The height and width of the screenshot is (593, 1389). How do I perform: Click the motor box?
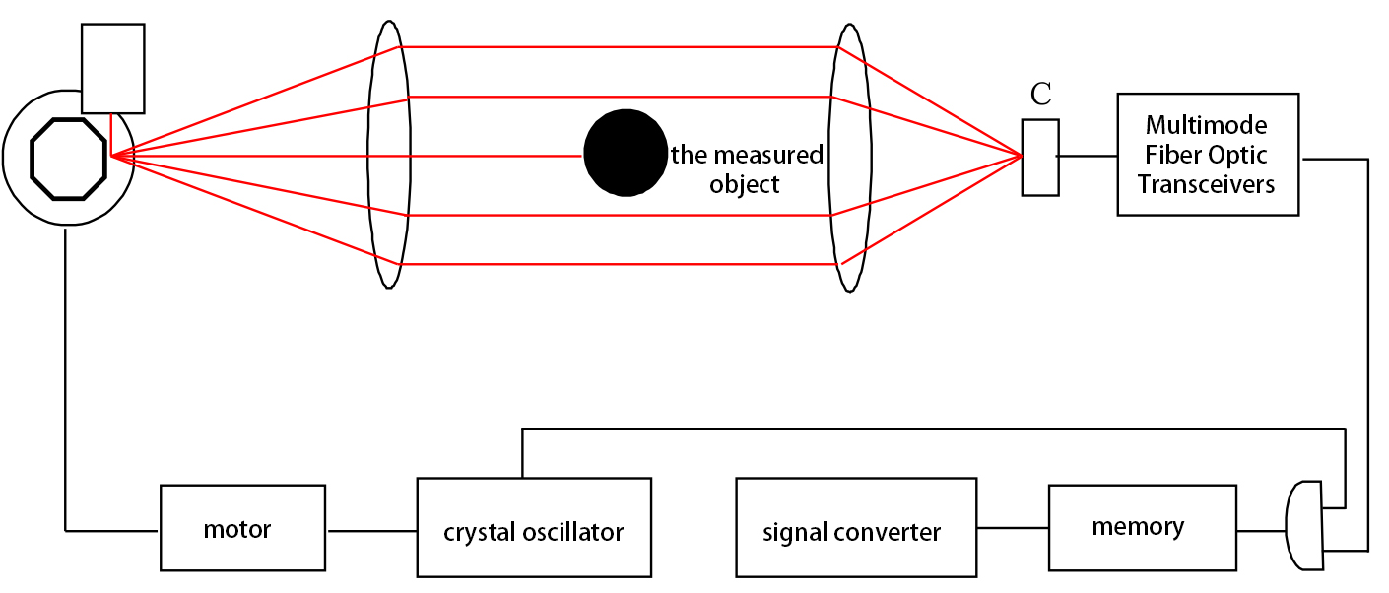click(x=241, y=528)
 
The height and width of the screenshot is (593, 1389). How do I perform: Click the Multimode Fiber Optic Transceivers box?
click(x=1207, y=155)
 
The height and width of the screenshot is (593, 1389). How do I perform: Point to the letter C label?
click(x=1040, y=96)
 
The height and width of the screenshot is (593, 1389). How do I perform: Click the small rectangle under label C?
click(x=1040, y=157)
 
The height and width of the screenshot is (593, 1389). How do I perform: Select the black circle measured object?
click(x=626, y=154)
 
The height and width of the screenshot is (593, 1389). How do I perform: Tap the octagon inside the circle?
click(x=68, y=156)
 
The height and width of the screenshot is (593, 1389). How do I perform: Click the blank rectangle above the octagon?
click(x=112, y=68)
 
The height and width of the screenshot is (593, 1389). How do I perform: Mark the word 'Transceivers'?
click(x=1206, y=184)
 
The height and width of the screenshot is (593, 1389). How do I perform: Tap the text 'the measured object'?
click(x=746, y=169)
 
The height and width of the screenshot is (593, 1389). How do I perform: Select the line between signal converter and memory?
click(x=1013, y=528)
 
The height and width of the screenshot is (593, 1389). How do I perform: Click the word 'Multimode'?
click(x=1206, y=126)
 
